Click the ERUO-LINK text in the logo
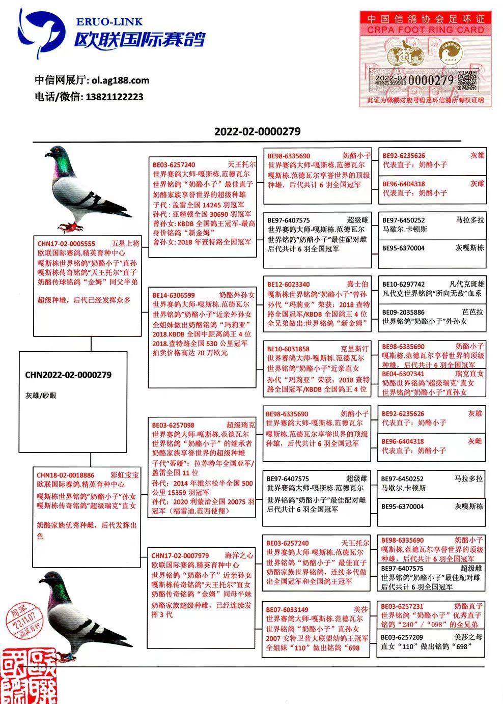pyautogui.click(x=109, y=22)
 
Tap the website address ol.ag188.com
pyautogui.click(x=121, y=80)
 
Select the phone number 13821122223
pyautogui.click(x=115, y=97)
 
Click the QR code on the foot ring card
pyautogui.click(x=467, y=80)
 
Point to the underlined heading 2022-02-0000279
pyautogui.click(x=257, y=131)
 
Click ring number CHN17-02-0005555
pyautogui.click(x=66, y=244)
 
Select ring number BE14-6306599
pyautogui.click(x=174, y=295)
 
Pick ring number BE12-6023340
pyautogui.click(x=289, y=285)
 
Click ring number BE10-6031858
pyautogui.click(x=288, y=349)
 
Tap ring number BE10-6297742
pyautogui.click(x=403, y=285)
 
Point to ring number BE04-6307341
pyautogui.click(x=403, y=374)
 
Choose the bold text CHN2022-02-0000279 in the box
pyautogui.click(x=68, y=375)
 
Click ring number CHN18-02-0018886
pyautogui.click(x=65, y=475)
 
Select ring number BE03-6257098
pyautogui.click(x=173, y=425)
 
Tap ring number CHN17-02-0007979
pyautogui.click(x=180, y=556)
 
